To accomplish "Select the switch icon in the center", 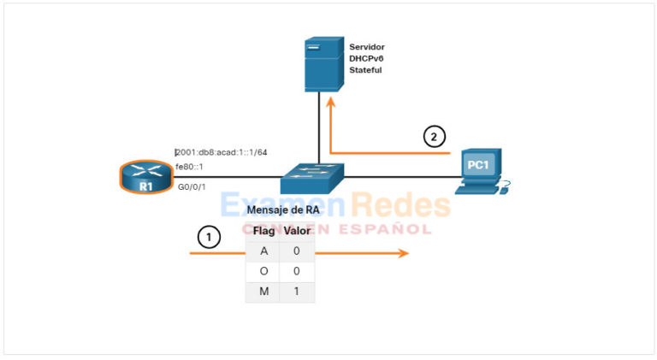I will click(312, 178).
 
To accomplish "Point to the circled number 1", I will click(208, 237).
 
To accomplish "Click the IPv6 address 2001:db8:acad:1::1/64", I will click(222, 152).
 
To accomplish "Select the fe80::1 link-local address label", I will click(189, 167).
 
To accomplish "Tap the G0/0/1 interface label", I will click(192, 186).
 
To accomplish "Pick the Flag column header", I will click(263, 231).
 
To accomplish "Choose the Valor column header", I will click(297, 231).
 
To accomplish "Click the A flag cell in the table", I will click(263, 251).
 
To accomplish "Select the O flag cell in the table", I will click(263, 271).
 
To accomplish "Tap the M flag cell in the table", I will click(263, 292).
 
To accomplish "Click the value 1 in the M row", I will click(297, 292).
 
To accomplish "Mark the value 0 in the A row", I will click(297, 251).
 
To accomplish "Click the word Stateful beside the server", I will click(365, 70).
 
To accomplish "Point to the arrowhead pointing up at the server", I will click(331, 102).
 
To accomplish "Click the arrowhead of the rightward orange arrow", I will click(404, 253).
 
